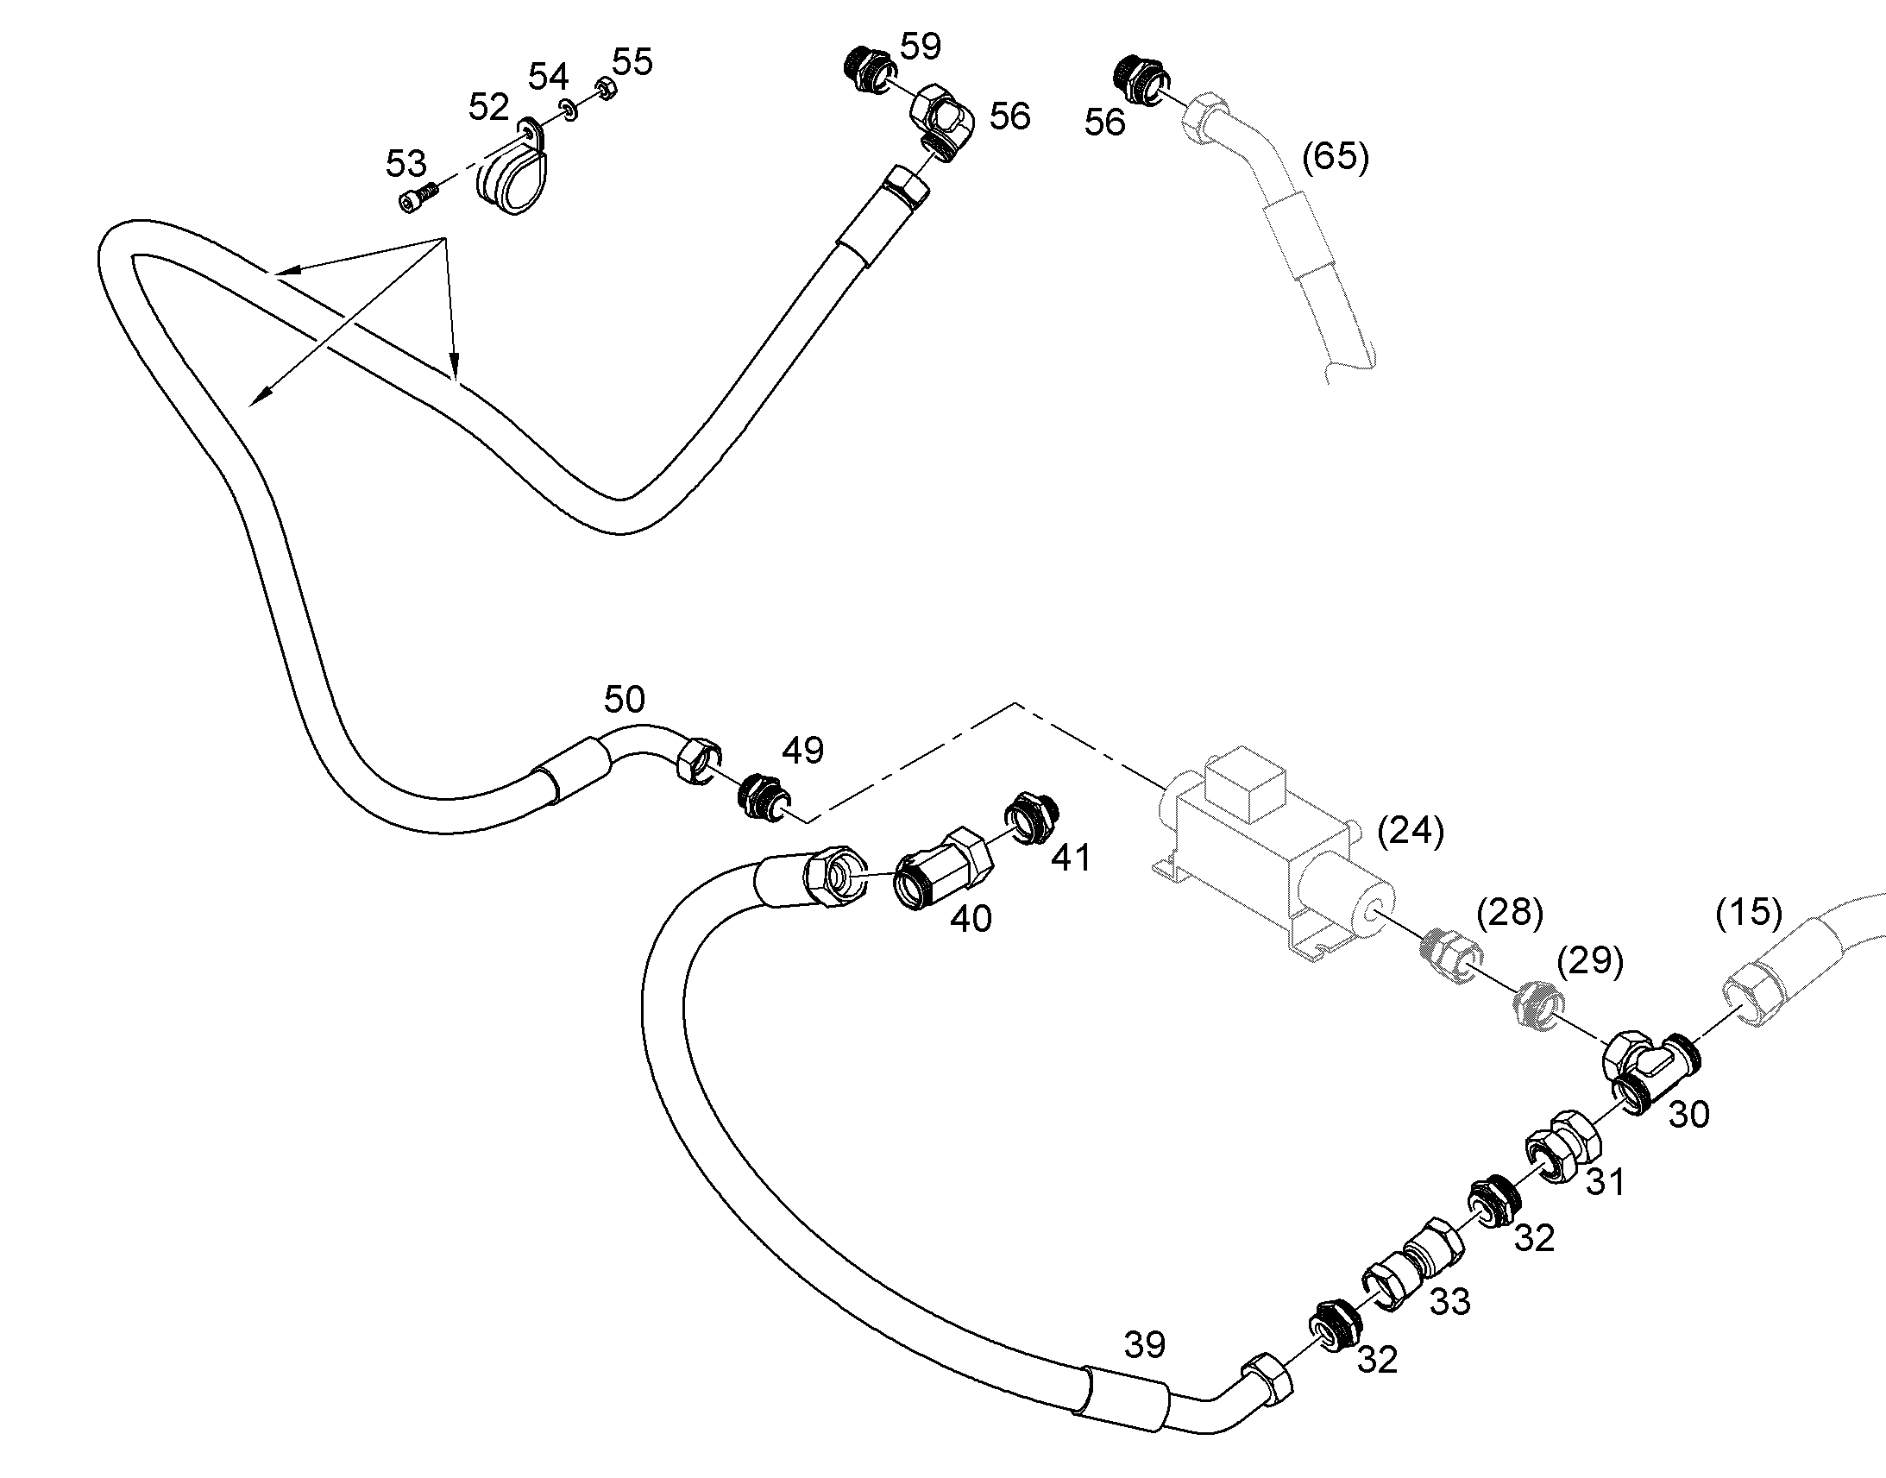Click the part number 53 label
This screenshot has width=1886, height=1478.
405,163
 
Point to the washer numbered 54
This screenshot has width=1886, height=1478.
569,109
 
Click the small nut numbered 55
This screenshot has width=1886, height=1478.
606,88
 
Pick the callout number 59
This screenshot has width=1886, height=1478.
921,47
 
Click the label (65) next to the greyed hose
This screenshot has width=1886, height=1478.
1336,157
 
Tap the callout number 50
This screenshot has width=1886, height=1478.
624,698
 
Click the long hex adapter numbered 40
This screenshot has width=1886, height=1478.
941,867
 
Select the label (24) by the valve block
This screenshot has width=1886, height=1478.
1410,831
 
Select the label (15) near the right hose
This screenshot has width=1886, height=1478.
1749,911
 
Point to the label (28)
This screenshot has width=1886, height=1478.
1510,913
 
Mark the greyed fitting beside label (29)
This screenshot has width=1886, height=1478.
1538,1003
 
